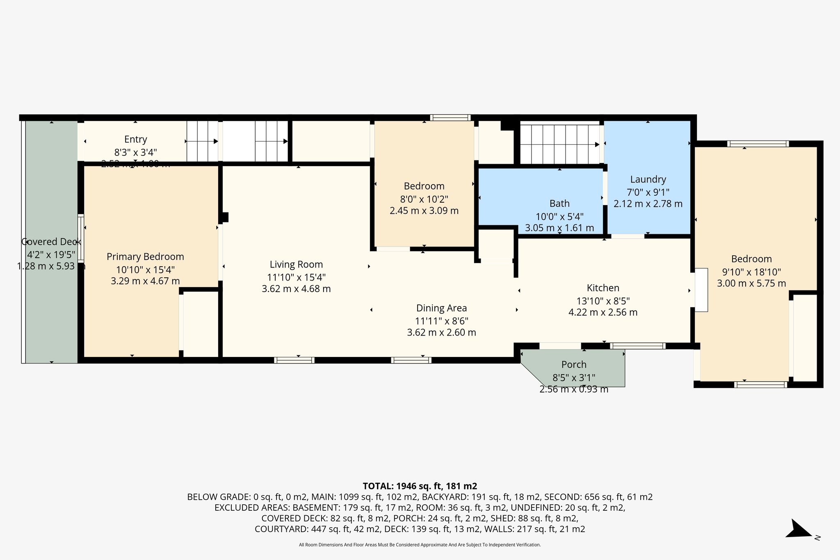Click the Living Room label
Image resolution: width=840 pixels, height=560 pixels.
tap(296, 265)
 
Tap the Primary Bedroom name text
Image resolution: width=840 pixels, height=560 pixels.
tap(145, 257)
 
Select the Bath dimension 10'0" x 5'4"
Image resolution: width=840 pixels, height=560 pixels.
tap(559, 217)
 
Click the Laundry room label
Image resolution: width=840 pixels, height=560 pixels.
tap(648, 179)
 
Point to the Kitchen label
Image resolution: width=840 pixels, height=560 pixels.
tap(603, 288)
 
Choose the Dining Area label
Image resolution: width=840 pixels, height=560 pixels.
tap(441, 308)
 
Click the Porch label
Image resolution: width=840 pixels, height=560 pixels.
tap(574, 364)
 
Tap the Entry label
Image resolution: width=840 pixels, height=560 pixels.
tap(136, 139)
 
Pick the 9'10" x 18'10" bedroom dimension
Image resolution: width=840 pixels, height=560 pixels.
tap(751, 272)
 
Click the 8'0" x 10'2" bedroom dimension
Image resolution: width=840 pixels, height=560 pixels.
tap(424, 199)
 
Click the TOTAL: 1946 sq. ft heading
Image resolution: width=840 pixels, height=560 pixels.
tap(420, 486)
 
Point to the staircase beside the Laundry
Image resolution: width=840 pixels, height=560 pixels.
tap(559, 144)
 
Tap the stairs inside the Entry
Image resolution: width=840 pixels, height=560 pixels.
tap(202, 141)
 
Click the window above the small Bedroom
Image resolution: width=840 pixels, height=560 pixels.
tap(450, 118)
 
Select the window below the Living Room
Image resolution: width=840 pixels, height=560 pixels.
tap(294, 360)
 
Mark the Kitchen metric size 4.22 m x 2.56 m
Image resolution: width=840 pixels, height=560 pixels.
tap(603, 312)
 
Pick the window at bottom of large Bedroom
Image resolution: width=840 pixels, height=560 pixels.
tap(760, 384)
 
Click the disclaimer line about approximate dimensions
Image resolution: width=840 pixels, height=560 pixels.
tap(420, 545)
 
